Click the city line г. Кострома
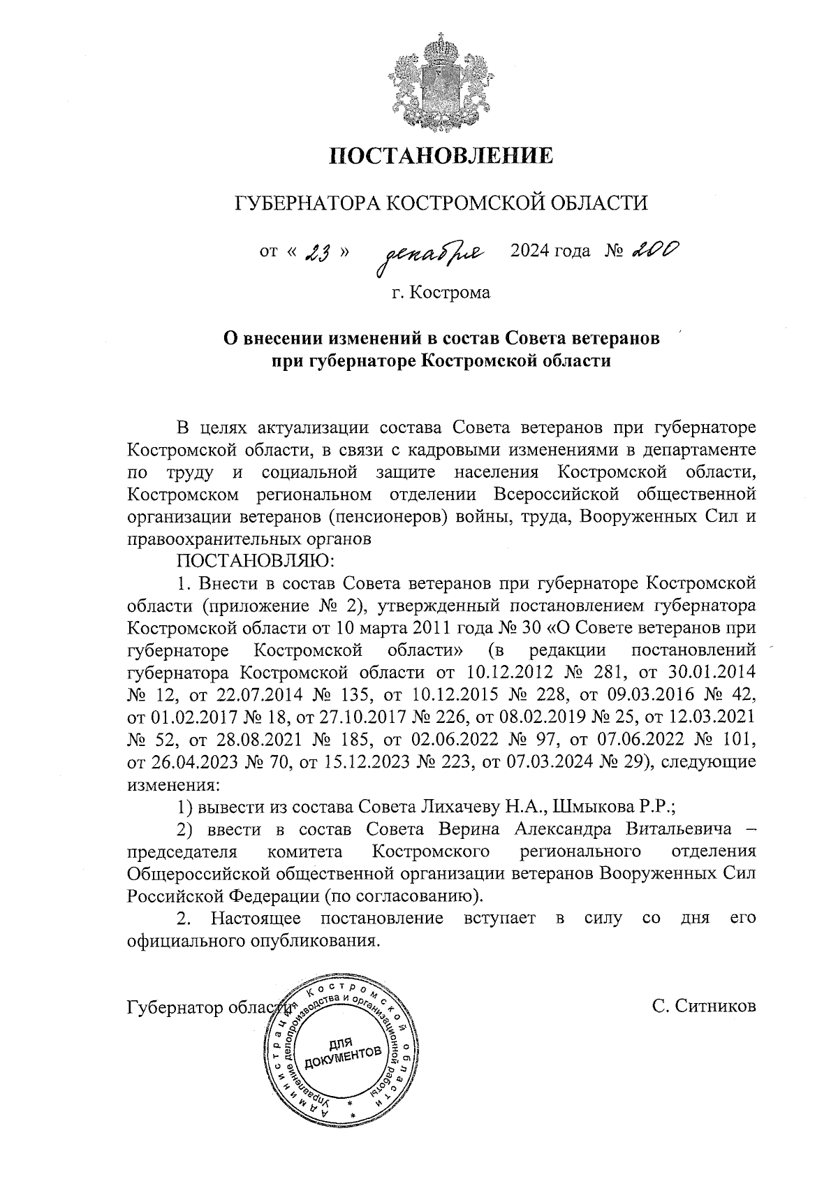(x=441, y=292)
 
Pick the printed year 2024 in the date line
(x=531, y=250)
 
